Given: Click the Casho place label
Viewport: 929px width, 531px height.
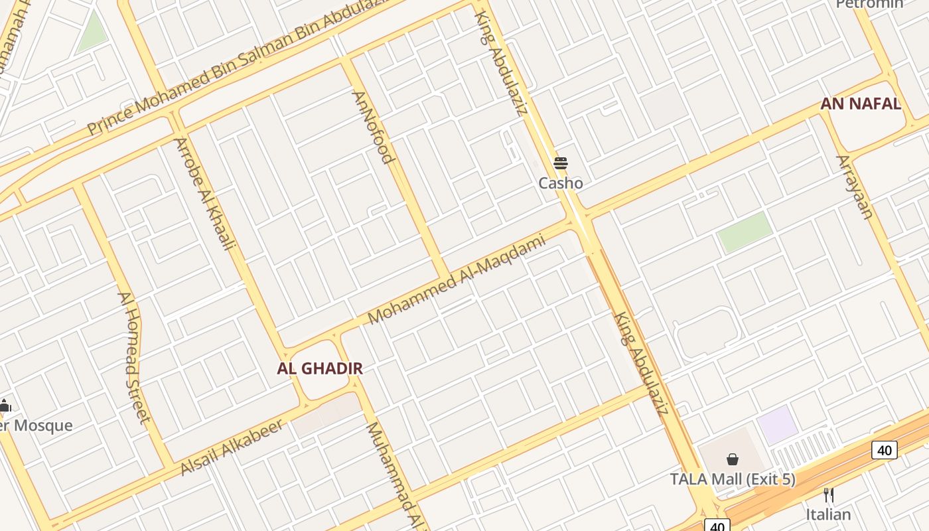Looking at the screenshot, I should (561, 183).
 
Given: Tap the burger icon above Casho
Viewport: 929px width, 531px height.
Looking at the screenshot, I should (561, 163).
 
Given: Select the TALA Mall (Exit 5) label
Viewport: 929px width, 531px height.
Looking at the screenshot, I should (733, 479).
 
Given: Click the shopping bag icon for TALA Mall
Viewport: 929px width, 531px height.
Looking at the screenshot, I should (733, 459).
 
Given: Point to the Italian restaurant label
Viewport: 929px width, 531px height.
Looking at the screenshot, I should (828, 514).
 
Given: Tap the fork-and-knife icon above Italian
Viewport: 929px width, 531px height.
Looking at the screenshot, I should (828, 495).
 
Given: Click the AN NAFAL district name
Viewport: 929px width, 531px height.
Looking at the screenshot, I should (861, 104).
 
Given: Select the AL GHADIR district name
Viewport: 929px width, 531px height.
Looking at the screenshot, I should (320, 368).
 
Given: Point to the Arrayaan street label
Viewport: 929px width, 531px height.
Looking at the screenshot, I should (855, 187).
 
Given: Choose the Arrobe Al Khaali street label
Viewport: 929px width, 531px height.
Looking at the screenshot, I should (204, 193).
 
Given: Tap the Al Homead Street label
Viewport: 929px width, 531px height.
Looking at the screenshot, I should (133, 356).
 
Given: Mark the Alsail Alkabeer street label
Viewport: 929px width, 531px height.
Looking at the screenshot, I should (232, 447).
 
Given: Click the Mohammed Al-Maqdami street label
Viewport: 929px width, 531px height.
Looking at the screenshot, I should (457, 279).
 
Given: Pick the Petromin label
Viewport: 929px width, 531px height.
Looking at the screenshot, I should (869, 4).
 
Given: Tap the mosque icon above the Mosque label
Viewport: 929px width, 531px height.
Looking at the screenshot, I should (5, 406).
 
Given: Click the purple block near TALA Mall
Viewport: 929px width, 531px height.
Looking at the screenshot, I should (778, 425).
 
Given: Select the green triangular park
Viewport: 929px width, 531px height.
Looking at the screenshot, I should (92, 34).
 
